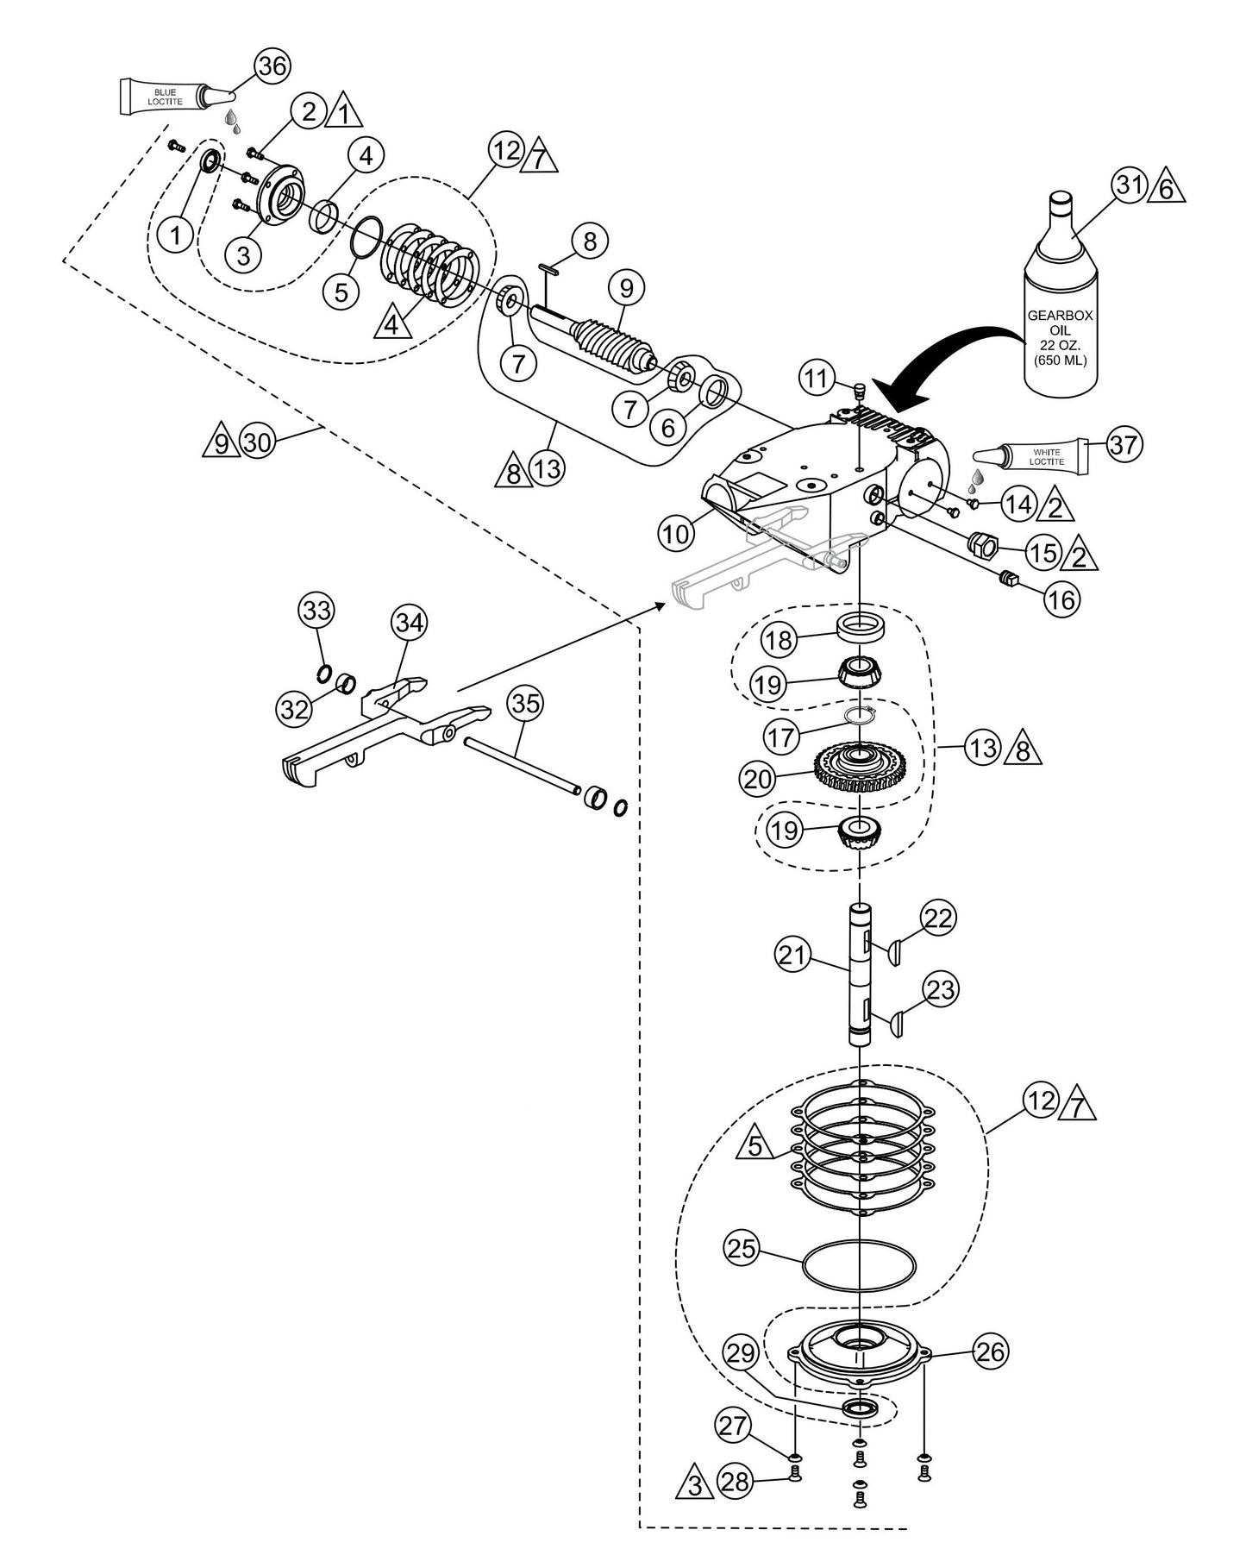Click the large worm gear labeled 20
tap(861, 762)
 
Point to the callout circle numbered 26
tap(991, 1351)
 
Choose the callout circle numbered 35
tap(526, 704)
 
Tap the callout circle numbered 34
tap(410, 623)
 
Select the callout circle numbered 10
tap(676, 534)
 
